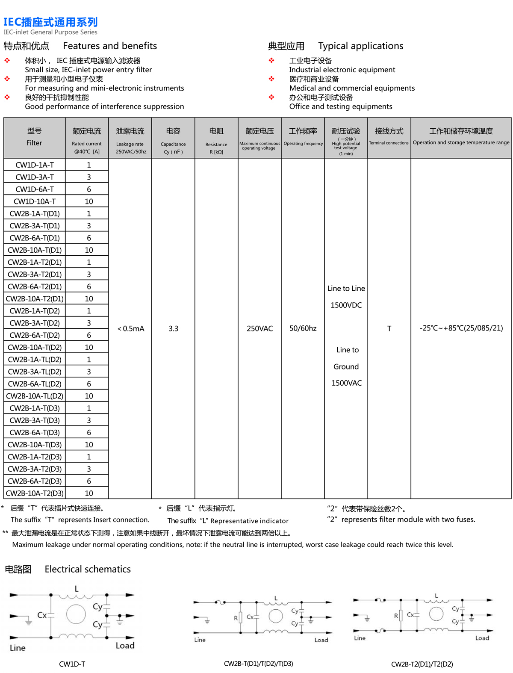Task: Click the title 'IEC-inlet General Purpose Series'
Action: tap(50, 32)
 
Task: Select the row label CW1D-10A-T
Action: tap(35, 201)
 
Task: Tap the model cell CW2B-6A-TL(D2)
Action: tap(35, 384)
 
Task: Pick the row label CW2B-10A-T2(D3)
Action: tap(35, 493)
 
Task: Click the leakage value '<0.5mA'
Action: tap(130, 329)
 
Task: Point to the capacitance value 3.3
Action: tap(173, 329)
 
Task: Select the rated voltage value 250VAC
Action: tap(259, 329)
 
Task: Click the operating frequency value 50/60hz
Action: tap(303, 329)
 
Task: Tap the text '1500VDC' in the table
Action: tap(346, 305)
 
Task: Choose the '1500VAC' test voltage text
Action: tap(346, 383)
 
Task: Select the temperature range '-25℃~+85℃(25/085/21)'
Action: tap(461, 328)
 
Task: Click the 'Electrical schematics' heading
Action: tap(88, 570)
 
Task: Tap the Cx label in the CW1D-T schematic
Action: tap(42, 615)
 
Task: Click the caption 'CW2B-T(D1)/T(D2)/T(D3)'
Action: tap(258, 664)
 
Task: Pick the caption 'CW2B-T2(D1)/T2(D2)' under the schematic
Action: tap(422, 664)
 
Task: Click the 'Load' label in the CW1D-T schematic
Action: tap(125, 646)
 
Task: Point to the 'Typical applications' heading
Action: tap(360, 46)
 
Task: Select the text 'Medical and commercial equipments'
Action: tap(352, 88)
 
